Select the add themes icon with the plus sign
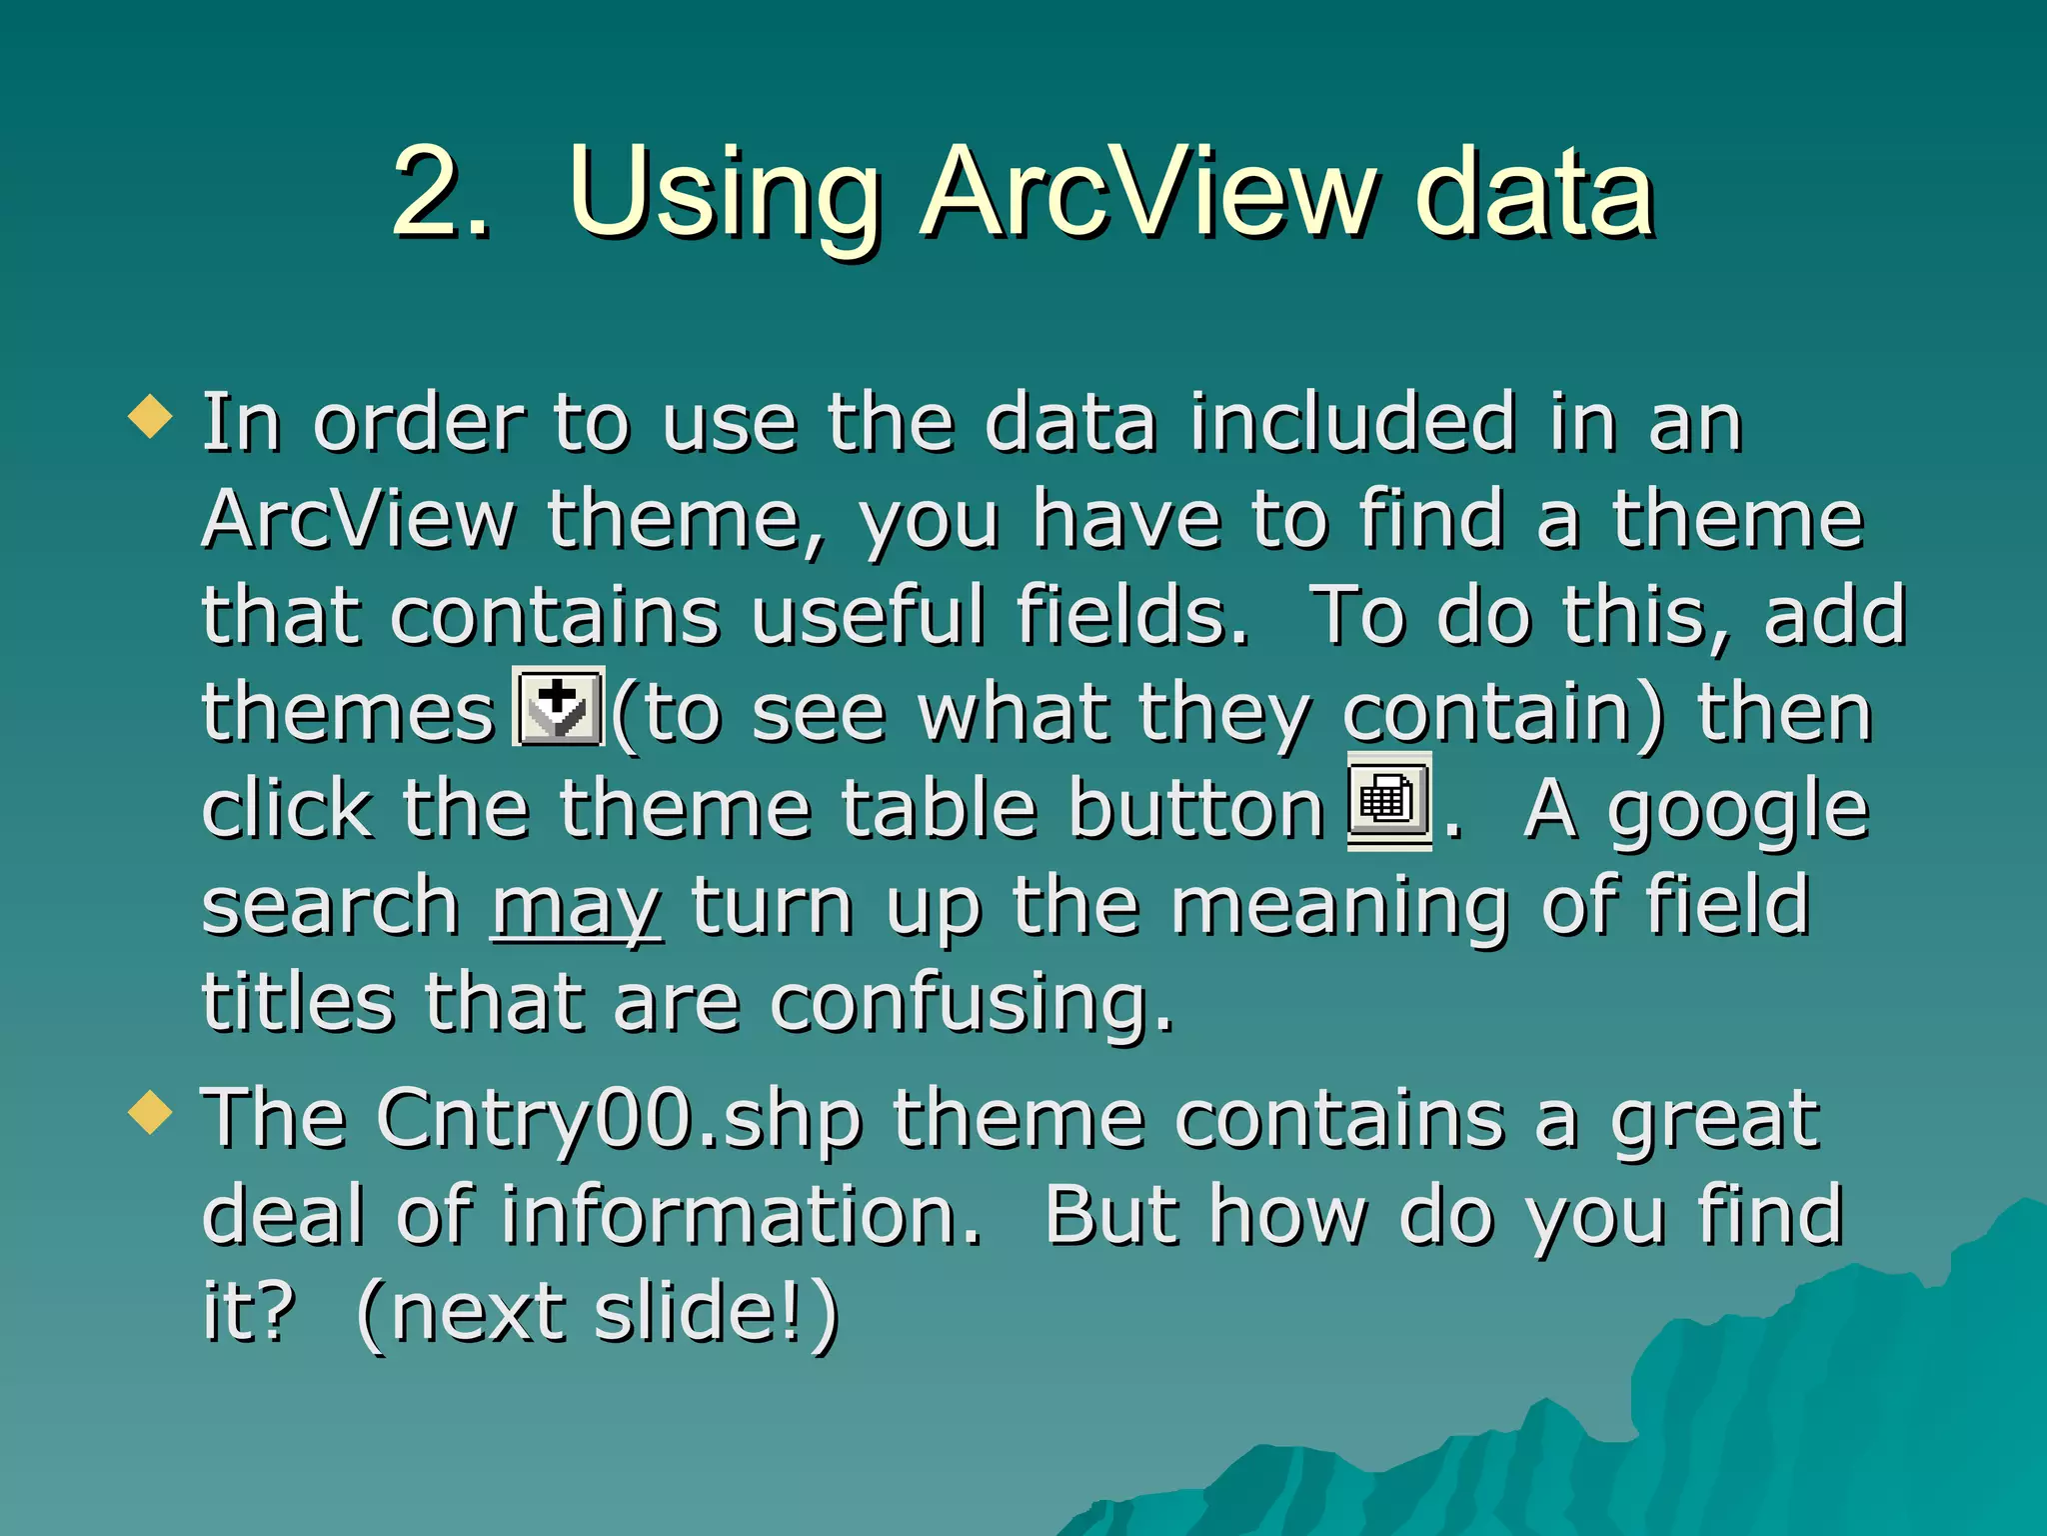(558, 707)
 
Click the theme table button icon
(1388, 801)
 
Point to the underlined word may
(576, 908)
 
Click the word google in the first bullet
(1737, 812)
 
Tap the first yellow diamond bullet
(151, 416)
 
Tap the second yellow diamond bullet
(151, 1112)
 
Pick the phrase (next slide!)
(598, 1312)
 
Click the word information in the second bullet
(741, 1216)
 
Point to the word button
(1195, 808)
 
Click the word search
(330, 906)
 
